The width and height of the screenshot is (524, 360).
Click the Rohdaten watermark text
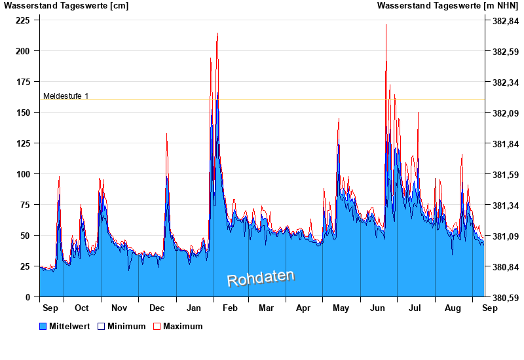click(261, 278)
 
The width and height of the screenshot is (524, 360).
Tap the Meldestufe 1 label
click(65, 96)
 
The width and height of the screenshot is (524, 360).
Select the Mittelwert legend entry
click(62, 326)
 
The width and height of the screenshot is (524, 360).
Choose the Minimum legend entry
click(121, 326)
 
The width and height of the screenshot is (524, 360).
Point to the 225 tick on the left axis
click(23, 20)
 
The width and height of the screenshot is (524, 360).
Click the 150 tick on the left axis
click(23, 113)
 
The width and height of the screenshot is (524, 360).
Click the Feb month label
click(231, 308)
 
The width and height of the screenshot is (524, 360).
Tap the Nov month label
click(119, 308)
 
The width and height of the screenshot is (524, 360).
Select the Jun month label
click(378, 308)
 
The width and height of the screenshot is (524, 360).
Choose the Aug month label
click(453, 308)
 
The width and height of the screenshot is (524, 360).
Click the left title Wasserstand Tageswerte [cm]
click(66, 6)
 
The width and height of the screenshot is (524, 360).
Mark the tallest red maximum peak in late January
click(217, 34)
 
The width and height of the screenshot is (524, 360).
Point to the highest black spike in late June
click(386, 25)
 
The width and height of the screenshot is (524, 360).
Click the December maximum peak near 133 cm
click(166, 134)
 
